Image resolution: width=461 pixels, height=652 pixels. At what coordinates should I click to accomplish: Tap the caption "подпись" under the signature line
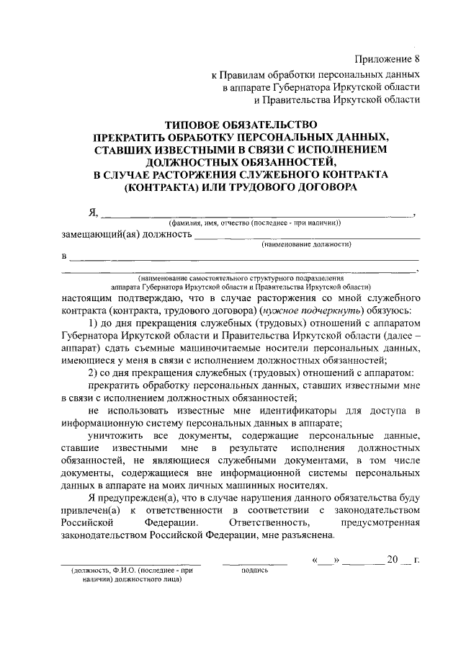pyautogui.click(x=253, y=571)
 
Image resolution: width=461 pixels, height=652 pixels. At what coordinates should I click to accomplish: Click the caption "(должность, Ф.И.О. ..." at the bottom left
pyautogui.click(x=130, y=571)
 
